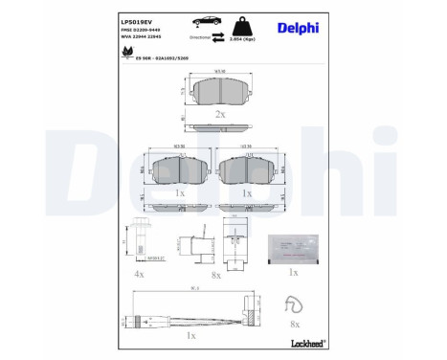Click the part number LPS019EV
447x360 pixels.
pos(138,18)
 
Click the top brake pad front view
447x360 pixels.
pos(219,91)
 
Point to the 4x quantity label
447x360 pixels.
pos(138,274)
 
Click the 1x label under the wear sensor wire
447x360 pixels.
pos(191,336)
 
